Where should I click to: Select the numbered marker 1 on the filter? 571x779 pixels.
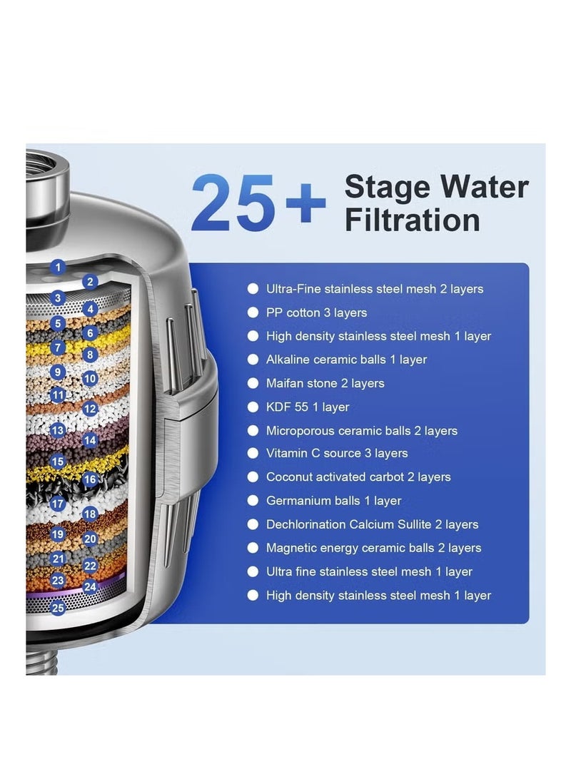[x=59, y=268]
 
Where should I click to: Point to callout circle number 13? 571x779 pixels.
[x=58, y=430]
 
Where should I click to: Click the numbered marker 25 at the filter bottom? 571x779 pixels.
[x=58, y=608]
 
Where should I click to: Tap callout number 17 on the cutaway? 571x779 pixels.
[x=58, y=504]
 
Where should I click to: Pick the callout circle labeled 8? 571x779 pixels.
[x=89, y=355]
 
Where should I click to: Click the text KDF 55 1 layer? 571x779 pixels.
[x=308, y=407]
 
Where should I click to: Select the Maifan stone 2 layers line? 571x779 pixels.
[x=325, y=383]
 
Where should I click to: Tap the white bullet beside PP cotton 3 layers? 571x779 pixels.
[x=253, y=312]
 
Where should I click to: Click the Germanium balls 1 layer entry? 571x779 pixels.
[x=333, y=501]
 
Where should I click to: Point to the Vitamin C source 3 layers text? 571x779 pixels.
[x=337, y=453]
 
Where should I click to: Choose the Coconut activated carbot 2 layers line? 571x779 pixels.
[x=358, y=477]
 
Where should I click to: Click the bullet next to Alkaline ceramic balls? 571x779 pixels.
[x=253, y=360]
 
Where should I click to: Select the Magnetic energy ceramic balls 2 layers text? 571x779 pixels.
[x=373, y=548]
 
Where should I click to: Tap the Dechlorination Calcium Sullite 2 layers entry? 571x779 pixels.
[x=372, y=524]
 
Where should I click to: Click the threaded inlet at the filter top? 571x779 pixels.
[x=47, y=175]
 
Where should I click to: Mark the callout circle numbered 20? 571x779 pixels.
[x=90, y=539]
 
